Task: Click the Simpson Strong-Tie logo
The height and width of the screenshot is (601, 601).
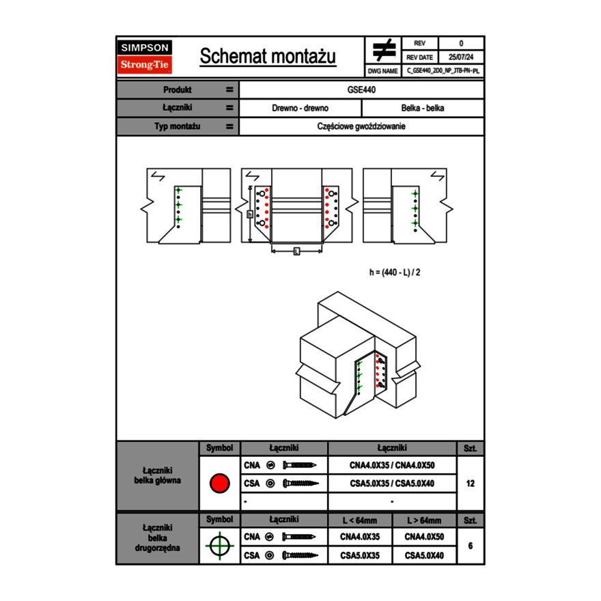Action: click(x=145, y=57)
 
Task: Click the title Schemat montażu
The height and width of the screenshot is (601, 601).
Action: click(x=267, y=57)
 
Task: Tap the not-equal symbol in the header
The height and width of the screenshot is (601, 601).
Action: click(x=384, y=50)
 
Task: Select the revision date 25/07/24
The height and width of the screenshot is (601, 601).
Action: click(x=461, y=57)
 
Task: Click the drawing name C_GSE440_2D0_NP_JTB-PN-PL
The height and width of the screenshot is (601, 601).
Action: click(x=443, y=70)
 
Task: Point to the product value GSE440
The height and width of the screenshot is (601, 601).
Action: click(x=362, y=89)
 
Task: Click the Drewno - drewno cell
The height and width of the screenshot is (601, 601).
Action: click(x=300, y=108)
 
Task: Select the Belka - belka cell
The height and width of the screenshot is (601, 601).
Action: click(x=423, y=108)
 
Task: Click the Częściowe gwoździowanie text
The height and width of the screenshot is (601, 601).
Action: click(x=362, y=126)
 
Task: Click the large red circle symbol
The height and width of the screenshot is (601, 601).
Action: click(x=219, y=484)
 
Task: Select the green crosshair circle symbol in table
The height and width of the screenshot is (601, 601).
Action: click(x=219, y=546)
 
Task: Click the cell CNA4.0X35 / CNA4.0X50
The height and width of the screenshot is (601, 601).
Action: click(x=392, y=465)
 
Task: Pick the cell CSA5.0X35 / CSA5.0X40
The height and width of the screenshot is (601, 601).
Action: click(x=392, y=484)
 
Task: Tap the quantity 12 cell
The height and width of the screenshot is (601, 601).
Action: click(x=470, y=484)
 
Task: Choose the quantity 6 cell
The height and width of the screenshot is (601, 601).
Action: click(x=470, y=546)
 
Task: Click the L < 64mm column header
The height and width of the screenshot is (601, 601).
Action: click(x=359, y=520)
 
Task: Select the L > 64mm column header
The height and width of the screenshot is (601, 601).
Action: click(x=424, y=520)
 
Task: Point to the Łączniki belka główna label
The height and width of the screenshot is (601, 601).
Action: click(x=158, y=475)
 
